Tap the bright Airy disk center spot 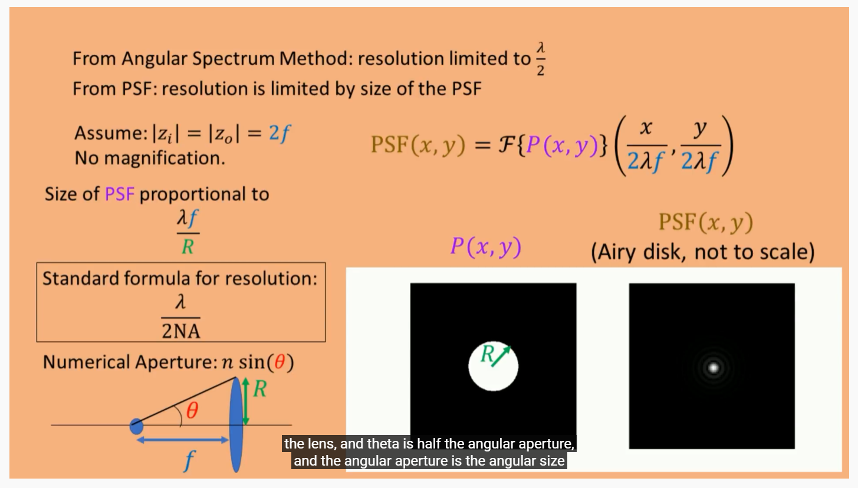pos(713,368)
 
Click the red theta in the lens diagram pos(192,411)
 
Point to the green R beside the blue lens pos(259,389)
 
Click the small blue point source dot pos(136,425)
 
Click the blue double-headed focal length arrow pos(183,440)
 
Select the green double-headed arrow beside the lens pos(246,403)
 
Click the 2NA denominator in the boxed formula pos(181,331)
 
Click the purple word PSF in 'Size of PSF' pos(120,194)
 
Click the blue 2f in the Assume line pos(280,134)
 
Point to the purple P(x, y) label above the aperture pos(485,247)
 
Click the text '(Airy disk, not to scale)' pos(702,252)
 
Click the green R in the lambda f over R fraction pos(188,246)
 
